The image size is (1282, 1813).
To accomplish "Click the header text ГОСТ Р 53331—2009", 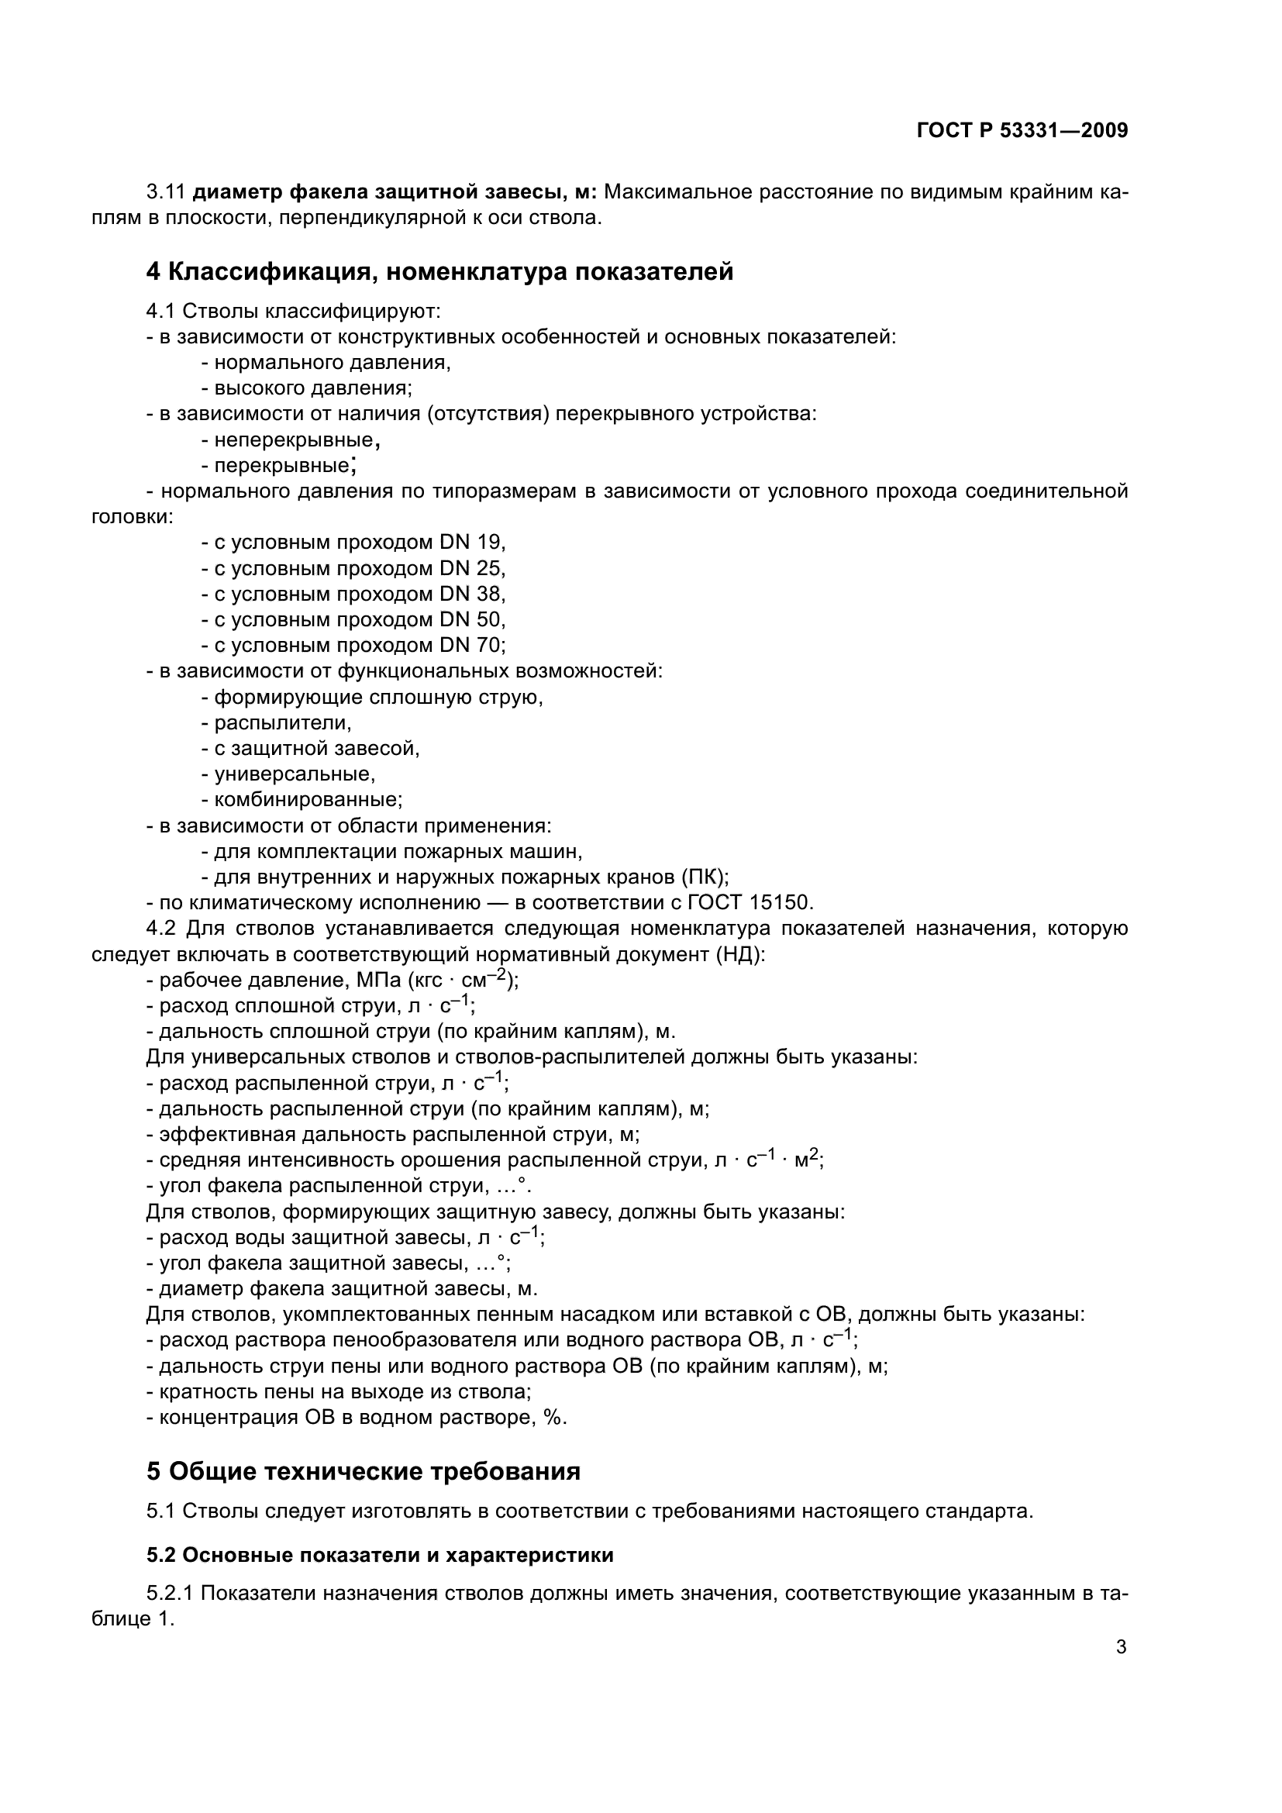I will (1022, 131).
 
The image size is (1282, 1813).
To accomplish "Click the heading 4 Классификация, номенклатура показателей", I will (439, 271).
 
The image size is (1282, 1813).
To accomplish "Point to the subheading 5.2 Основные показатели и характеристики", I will (380, 1555).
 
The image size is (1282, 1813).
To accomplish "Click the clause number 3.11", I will (165, 192).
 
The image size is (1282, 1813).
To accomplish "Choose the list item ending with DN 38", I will (353, 594).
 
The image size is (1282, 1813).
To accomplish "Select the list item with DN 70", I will (353, 645).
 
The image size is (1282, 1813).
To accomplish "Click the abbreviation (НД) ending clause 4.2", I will (739, 955).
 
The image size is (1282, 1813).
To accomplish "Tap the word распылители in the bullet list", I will (282, 722).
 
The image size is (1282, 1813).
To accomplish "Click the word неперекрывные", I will (293, 439).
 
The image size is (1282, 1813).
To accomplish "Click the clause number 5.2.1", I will (171, 1594).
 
